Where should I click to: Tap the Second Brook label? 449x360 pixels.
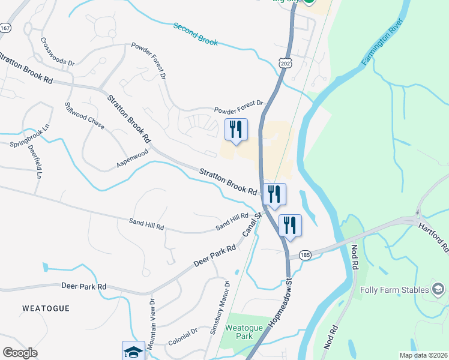tap(196, 34)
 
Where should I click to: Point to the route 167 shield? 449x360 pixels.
tap(6, 28)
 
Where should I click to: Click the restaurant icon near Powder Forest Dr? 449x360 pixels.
tap(235, 129)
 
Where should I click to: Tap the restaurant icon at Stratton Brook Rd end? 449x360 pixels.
tap(274, 193)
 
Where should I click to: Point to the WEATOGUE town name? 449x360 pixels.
tap(46, 308)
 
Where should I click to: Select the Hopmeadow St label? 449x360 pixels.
tap(280, 299)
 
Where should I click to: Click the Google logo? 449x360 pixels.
tap(20, 353)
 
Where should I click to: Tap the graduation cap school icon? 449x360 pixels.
tap(133, 350)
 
